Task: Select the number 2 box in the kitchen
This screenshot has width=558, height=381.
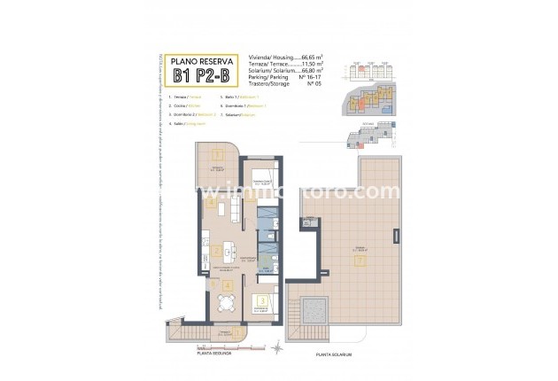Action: click(x=216, y=251)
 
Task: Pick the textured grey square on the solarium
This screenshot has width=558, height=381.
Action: click(x=314, y=312)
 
